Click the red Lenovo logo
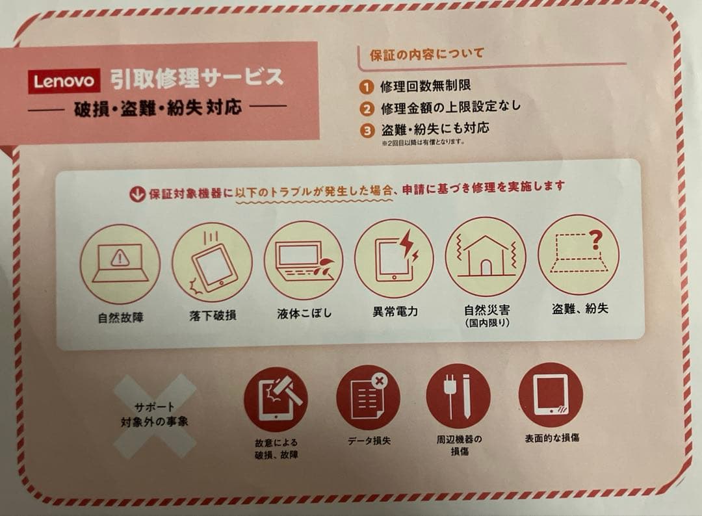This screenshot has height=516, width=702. point(64,81)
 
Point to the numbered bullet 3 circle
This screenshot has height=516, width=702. point(369,129)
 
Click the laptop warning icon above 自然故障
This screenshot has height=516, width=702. point(120,263)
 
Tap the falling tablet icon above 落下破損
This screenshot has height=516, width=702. point(212,262)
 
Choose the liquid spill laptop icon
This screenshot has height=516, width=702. point(303,259)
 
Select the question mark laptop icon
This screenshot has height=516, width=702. point(578,254)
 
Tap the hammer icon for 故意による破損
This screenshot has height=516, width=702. point(276,399)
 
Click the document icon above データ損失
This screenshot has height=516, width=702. point(368,396)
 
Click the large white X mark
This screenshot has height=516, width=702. point(154,415)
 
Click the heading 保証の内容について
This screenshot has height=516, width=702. point(426,54)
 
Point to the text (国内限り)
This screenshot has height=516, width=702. point(487,323)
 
